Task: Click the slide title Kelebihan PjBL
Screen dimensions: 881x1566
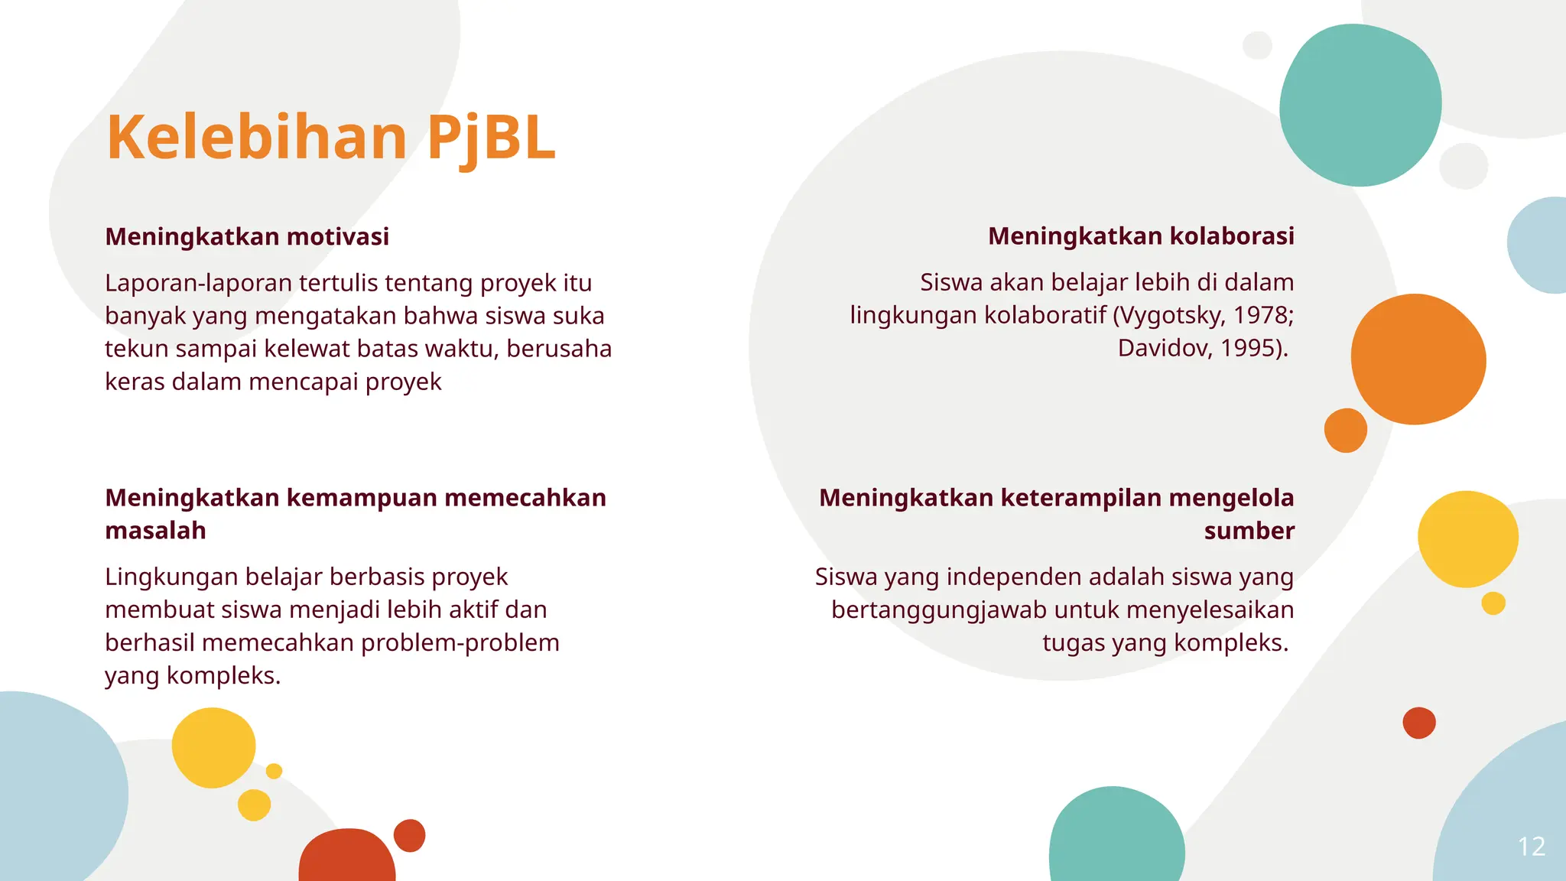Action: click(330, 138)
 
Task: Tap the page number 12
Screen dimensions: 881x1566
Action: click(1531, 847)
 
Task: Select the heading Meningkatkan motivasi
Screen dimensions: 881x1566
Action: click(247, 237)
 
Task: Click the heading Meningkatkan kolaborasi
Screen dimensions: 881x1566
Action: click(1141, 236)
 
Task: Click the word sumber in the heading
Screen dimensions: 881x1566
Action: click(1249, 531)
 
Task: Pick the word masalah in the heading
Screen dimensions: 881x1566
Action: click(155, 531)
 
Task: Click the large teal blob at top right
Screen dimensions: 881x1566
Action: click(1360, 105)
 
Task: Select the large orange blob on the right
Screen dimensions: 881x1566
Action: click(1418, 359)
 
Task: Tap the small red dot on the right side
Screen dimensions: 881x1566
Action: click(1419, 723)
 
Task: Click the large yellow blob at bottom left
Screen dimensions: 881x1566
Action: click(213, 747)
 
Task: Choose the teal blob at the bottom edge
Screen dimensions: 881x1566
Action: click(1116, 837)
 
